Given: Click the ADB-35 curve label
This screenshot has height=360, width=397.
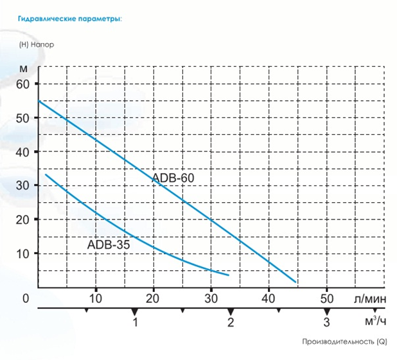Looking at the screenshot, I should click(x=108, y=244).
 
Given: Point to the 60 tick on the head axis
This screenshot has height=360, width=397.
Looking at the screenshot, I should click(x=23, y=84).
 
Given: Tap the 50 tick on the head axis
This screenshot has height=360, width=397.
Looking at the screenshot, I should click(x=23, y=118).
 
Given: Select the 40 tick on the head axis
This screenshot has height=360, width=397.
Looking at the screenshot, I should click(x=23, y=152).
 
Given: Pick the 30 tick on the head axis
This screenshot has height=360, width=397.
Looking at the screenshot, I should click(x=23, y=186).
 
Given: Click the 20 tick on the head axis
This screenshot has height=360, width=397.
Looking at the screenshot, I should click(x=23, y=219).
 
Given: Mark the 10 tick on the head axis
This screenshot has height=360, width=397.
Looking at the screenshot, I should click(x=23, y=253).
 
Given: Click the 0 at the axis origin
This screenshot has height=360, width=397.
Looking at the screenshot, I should click(x=26, y=298).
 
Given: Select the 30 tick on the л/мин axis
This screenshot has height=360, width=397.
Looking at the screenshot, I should click(x=211, y=298).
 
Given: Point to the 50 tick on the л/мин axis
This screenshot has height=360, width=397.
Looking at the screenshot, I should click(x=326, y=298).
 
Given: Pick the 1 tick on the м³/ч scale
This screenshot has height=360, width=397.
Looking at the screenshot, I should click(x=135, y=322).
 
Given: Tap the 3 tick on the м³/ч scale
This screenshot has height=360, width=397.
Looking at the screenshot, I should click(x=326, y=322).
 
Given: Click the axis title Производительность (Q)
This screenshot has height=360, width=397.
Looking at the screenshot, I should click(x=344, y=342).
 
